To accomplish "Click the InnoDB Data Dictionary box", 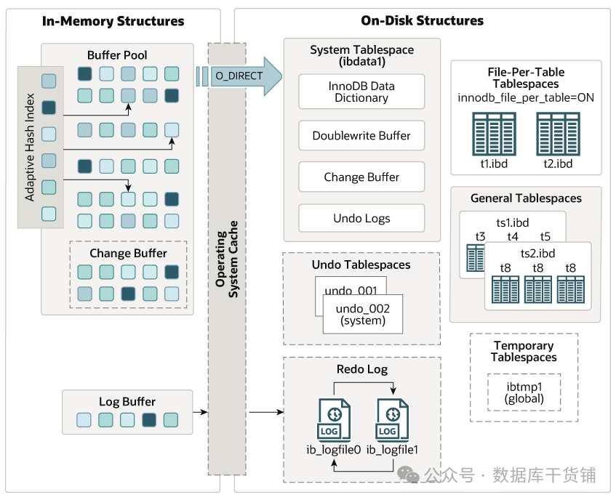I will point(361,92).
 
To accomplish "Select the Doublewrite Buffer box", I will point(361,136).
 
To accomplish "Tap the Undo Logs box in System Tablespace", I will point(361,218).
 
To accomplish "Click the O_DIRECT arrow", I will point(240,76).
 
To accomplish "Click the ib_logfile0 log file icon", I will point(334,420).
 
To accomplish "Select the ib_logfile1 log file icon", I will point(392,420).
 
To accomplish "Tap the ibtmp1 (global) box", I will point(524,393).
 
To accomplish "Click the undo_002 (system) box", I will point(361,315).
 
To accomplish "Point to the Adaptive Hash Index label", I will point(30,147).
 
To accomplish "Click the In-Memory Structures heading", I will point(113,21).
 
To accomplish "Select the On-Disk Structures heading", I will point(422,21).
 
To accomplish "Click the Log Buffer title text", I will point(127,401).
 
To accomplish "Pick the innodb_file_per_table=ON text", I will point(526,97).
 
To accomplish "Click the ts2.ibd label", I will point(537,253).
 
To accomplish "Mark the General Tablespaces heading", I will point(526,198).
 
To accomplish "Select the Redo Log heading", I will point(361,369).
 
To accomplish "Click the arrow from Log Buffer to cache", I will point(200,413).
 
